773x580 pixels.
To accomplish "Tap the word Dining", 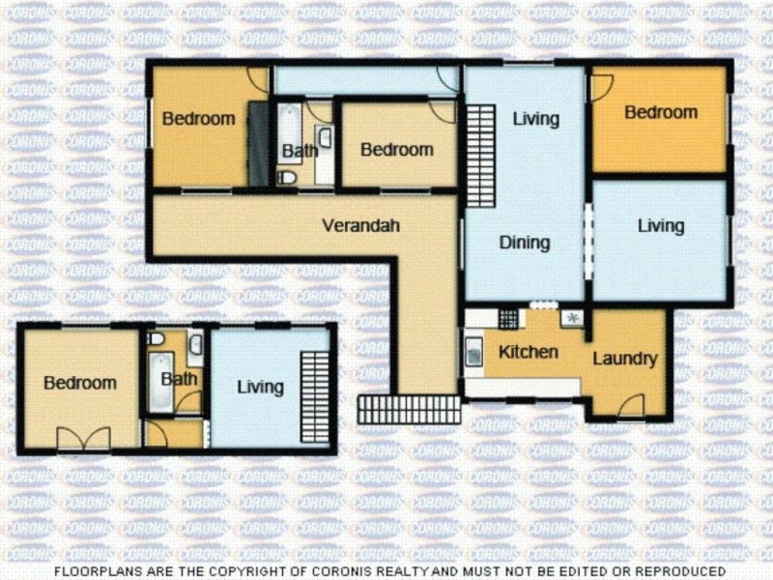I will [x=525, y=243].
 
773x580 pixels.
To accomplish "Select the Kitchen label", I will [x=528, y=352].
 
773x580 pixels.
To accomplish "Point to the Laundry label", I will [x=624, y=359].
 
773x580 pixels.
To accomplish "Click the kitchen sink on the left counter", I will [x=475, y=354].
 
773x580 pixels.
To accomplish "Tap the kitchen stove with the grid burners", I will [x=509, y=317].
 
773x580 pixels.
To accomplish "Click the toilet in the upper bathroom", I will [x=287, y=178].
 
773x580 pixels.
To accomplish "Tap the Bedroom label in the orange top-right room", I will [x=660, y=112].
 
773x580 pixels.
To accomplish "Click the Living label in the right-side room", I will [x=660, y=225].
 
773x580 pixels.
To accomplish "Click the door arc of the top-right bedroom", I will [x=600, y=84].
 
